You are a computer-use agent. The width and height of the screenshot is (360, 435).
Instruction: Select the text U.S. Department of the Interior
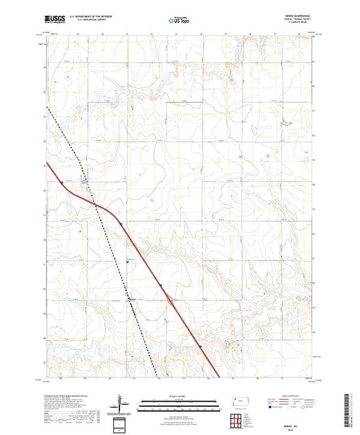click(x=93, y=19)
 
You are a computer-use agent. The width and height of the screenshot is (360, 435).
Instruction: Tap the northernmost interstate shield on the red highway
click(x=61, y=183)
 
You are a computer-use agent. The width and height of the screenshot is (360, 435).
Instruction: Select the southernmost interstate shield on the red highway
click(x=199, y=347)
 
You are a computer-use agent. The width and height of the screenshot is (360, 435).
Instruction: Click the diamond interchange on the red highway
click(x=168, y=299)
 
